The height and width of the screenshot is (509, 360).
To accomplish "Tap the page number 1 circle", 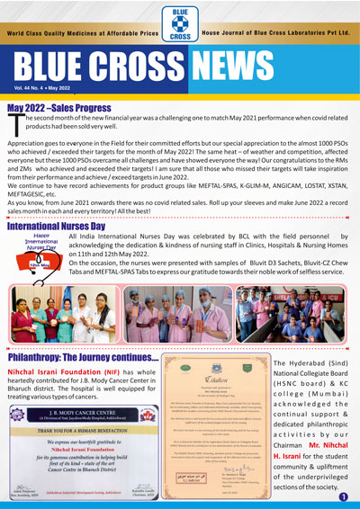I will [343, 496].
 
